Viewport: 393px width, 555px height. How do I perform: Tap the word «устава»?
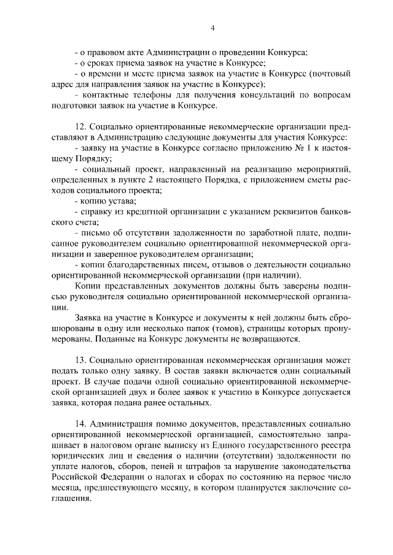(122, 201)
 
